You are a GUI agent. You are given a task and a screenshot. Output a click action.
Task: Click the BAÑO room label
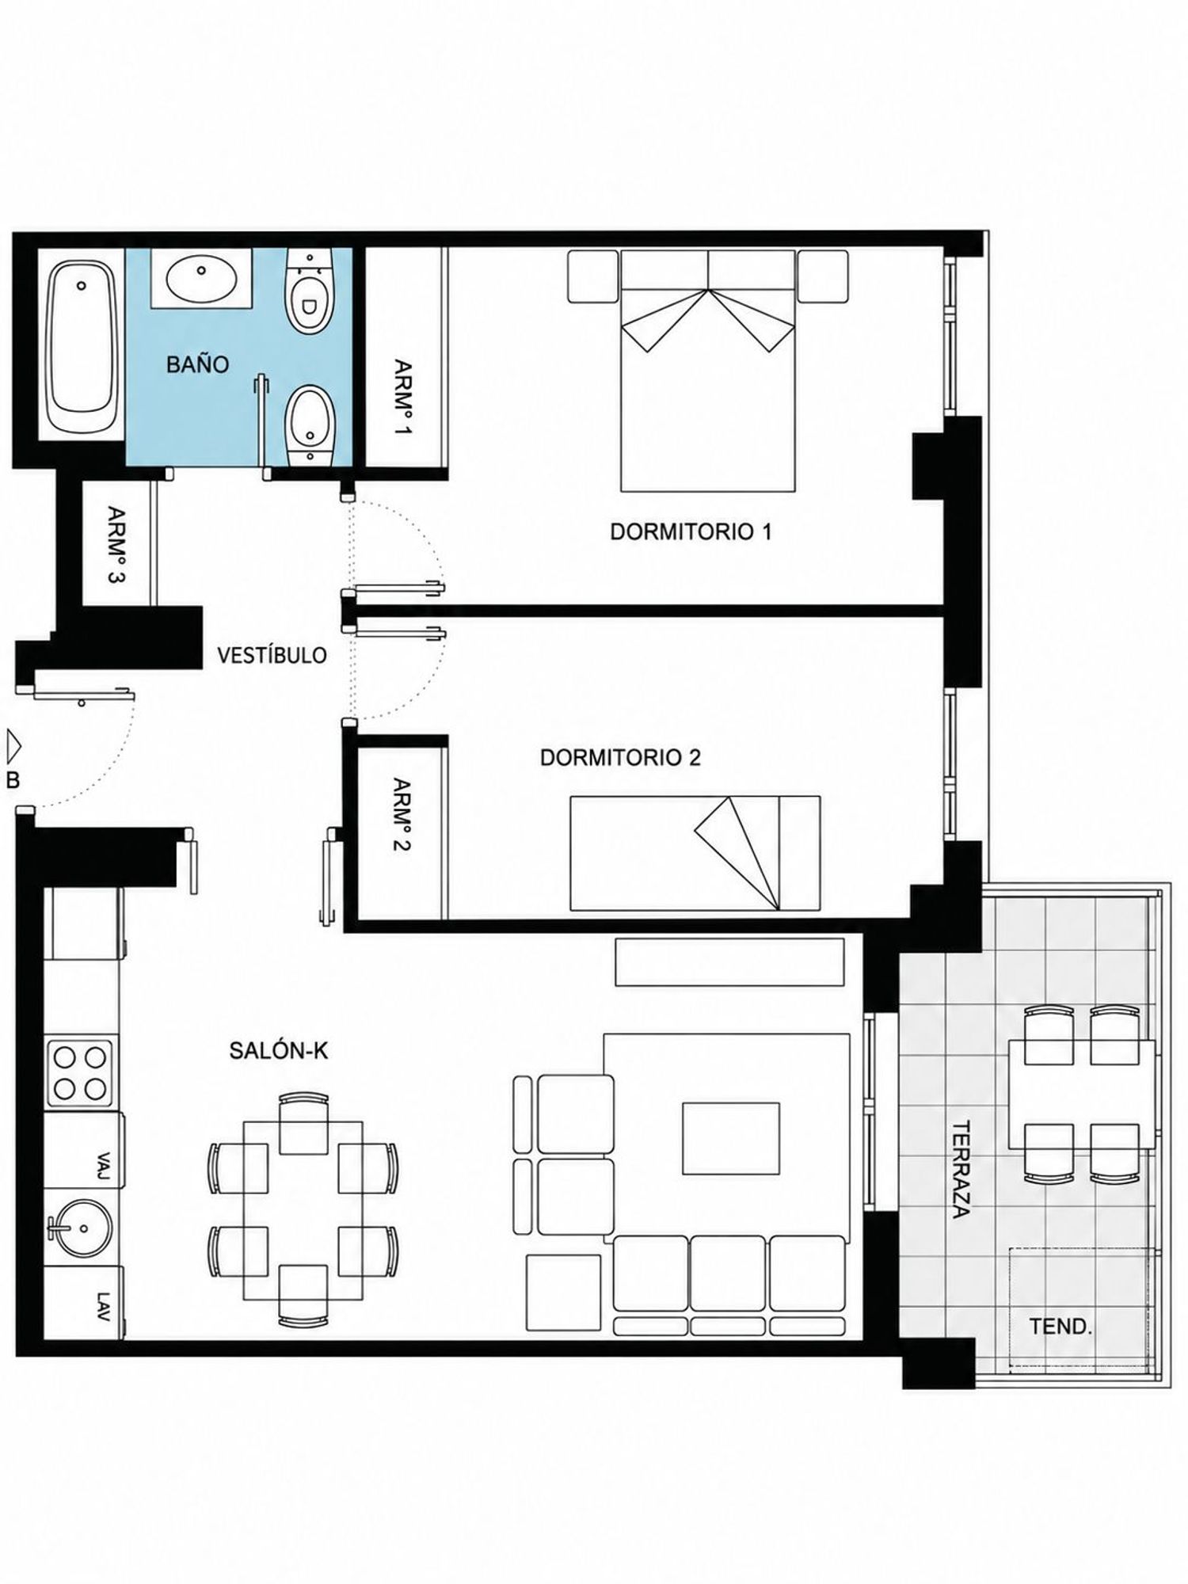197,364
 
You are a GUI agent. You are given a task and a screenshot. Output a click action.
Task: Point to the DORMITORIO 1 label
691,531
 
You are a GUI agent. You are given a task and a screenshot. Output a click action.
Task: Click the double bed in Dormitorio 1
707,371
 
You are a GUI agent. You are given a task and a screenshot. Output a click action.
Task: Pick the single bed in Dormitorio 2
695,853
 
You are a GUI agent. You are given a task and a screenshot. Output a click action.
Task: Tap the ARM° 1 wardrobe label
403,398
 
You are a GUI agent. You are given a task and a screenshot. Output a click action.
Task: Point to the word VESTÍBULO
272,655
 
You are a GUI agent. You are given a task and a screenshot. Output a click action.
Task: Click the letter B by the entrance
13,780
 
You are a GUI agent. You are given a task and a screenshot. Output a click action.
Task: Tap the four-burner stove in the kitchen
79,1072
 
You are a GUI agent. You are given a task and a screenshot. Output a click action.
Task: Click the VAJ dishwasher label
102,1167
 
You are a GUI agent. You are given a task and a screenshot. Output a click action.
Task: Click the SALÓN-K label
279,1050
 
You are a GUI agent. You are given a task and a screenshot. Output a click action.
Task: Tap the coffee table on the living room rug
731,1138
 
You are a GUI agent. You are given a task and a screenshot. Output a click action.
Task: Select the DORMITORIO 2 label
620,757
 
